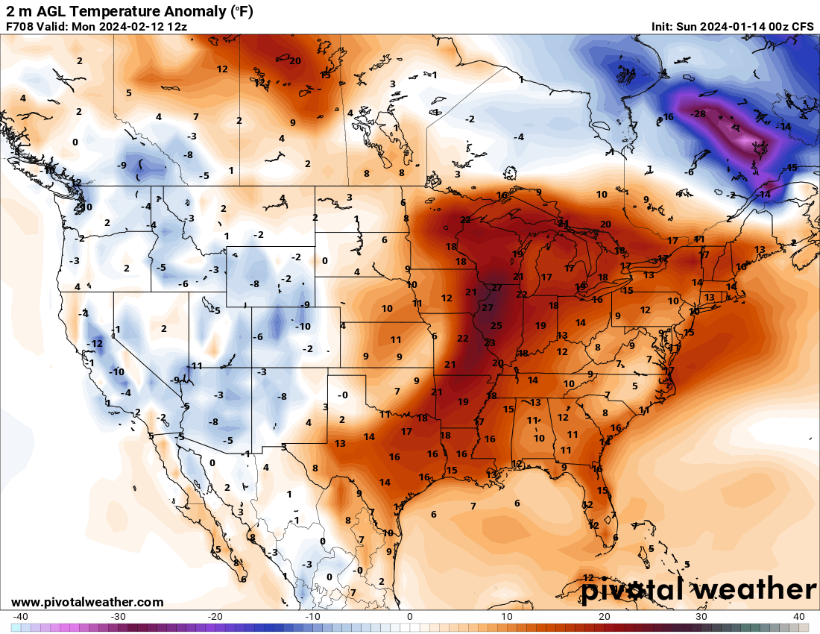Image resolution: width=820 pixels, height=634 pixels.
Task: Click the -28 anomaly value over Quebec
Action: click(698, 114)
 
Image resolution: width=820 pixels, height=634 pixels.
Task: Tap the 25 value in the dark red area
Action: click(496, 325)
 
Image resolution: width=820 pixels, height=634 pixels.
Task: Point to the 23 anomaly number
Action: click(490, 343)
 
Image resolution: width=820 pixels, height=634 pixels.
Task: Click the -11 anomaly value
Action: click(195, 365)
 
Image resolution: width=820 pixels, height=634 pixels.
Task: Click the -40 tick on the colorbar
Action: click(21, 616)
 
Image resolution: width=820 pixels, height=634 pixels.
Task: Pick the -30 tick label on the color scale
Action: click(118, 616)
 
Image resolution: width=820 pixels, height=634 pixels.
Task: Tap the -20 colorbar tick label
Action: click(215, 616)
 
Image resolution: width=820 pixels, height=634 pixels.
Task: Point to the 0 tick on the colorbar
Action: click(410, 616)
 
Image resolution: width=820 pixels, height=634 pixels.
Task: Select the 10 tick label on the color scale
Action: click(507, 616)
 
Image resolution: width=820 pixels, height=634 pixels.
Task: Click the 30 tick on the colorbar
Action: click(701, 616)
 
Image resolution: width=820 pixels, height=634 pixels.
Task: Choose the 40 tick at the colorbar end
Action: click(798, 616)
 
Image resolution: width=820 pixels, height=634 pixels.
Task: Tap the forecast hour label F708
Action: click(19, 26)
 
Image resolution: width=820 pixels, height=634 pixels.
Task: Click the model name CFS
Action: click(803, 26)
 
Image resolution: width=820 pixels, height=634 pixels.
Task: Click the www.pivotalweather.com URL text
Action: click(87, 602)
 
